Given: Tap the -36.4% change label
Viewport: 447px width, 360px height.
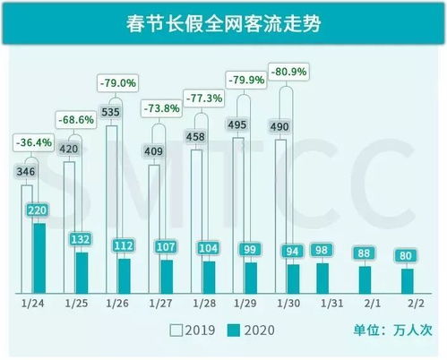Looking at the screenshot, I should tap(34, 141).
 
